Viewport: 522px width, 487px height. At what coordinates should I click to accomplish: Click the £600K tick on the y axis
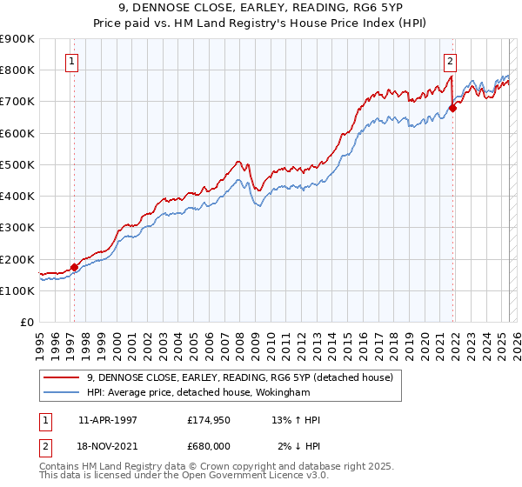pos(17,133)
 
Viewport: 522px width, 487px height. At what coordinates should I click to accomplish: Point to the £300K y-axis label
pos(17,228)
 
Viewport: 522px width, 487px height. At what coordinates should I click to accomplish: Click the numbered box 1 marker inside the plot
pos(70,61)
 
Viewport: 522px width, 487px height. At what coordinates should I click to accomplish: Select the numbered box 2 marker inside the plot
pos(450,61)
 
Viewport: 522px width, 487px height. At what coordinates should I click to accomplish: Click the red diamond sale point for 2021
pos(452,109)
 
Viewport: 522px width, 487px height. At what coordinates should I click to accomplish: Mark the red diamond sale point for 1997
pos(74,267)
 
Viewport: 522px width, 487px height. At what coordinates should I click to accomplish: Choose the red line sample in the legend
pos(61,377)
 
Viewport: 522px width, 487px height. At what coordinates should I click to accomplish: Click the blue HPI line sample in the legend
pos(61,393)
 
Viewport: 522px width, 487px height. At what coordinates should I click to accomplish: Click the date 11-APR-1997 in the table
pos(108,420)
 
